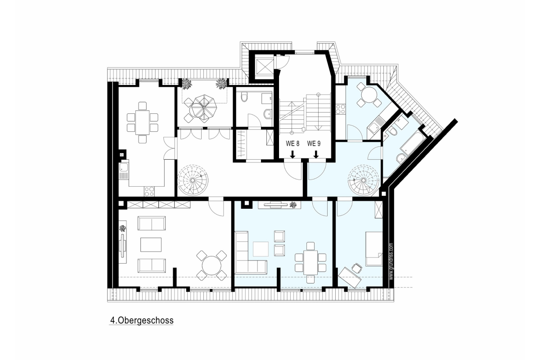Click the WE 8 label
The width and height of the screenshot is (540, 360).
[292, 144]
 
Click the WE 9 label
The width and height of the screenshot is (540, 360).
[314, 144]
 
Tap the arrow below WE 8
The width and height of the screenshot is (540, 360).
[292, 154]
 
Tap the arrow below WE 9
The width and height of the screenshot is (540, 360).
[316, 154]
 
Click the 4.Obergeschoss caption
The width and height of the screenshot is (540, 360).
[142, 320]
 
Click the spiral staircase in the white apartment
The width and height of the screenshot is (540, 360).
[193, 180]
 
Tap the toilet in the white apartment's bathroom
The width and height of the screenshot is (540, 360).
[244, 97]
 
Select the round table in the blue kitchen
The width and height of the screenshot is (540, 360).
[369, 95]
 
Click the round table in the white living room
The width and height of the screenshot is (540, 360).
[211, 265]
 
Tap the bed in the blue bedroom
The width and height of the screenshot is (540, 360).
[374, 249]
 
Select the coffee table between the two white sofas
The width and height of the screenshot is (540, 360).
[151, 245]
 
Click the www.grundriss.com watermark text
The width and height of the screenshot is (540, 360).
[391, 261]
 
